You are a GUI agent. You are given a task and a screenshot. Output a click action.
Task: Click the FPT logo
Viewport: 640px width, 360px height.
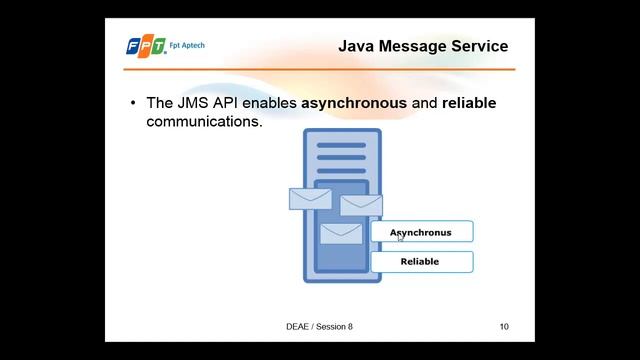tap(146, 46)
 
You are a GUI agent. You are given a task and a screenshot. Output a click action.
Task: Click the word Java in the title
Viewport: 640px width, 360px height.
tap(357, 46)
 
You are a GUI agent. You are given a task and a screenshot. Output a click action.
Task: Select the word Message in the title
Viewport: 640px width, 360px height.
tap(415, 46)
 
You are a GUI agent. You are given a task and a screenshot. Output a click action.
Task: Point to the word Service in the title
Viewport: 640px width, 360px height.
tap(480, 46)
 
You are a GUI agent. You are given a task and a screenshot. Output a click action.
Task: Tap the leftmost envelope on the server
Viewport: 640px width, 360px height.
tap(310, 198)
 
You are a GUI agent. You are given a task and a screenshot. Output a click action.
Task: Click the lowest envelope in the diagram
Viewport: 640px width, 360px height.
tap(341, 234)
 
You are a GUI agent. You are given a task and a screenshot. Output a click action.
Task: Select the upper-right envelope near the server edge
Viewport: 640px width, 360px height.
tap(361, 205)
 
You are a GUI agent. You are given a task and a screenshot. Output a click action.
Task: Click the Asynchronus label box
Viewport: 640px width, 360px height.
tap(421, 232)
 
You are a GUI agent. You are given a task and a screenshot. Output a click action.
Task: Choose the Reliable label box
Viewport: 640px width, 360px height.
tap(421, 262)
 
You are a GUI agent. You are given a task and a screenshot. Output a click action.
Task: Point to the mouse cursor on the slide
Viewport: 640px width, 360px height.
tap(400, 237)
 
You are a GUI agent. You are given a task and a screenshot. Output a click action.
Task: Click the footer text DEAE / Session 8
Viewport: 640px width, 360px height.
tap(319, 326)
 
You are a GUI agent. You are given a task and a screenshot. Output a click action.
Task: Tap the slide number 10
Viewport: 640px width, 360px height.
tap(504, 326)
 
